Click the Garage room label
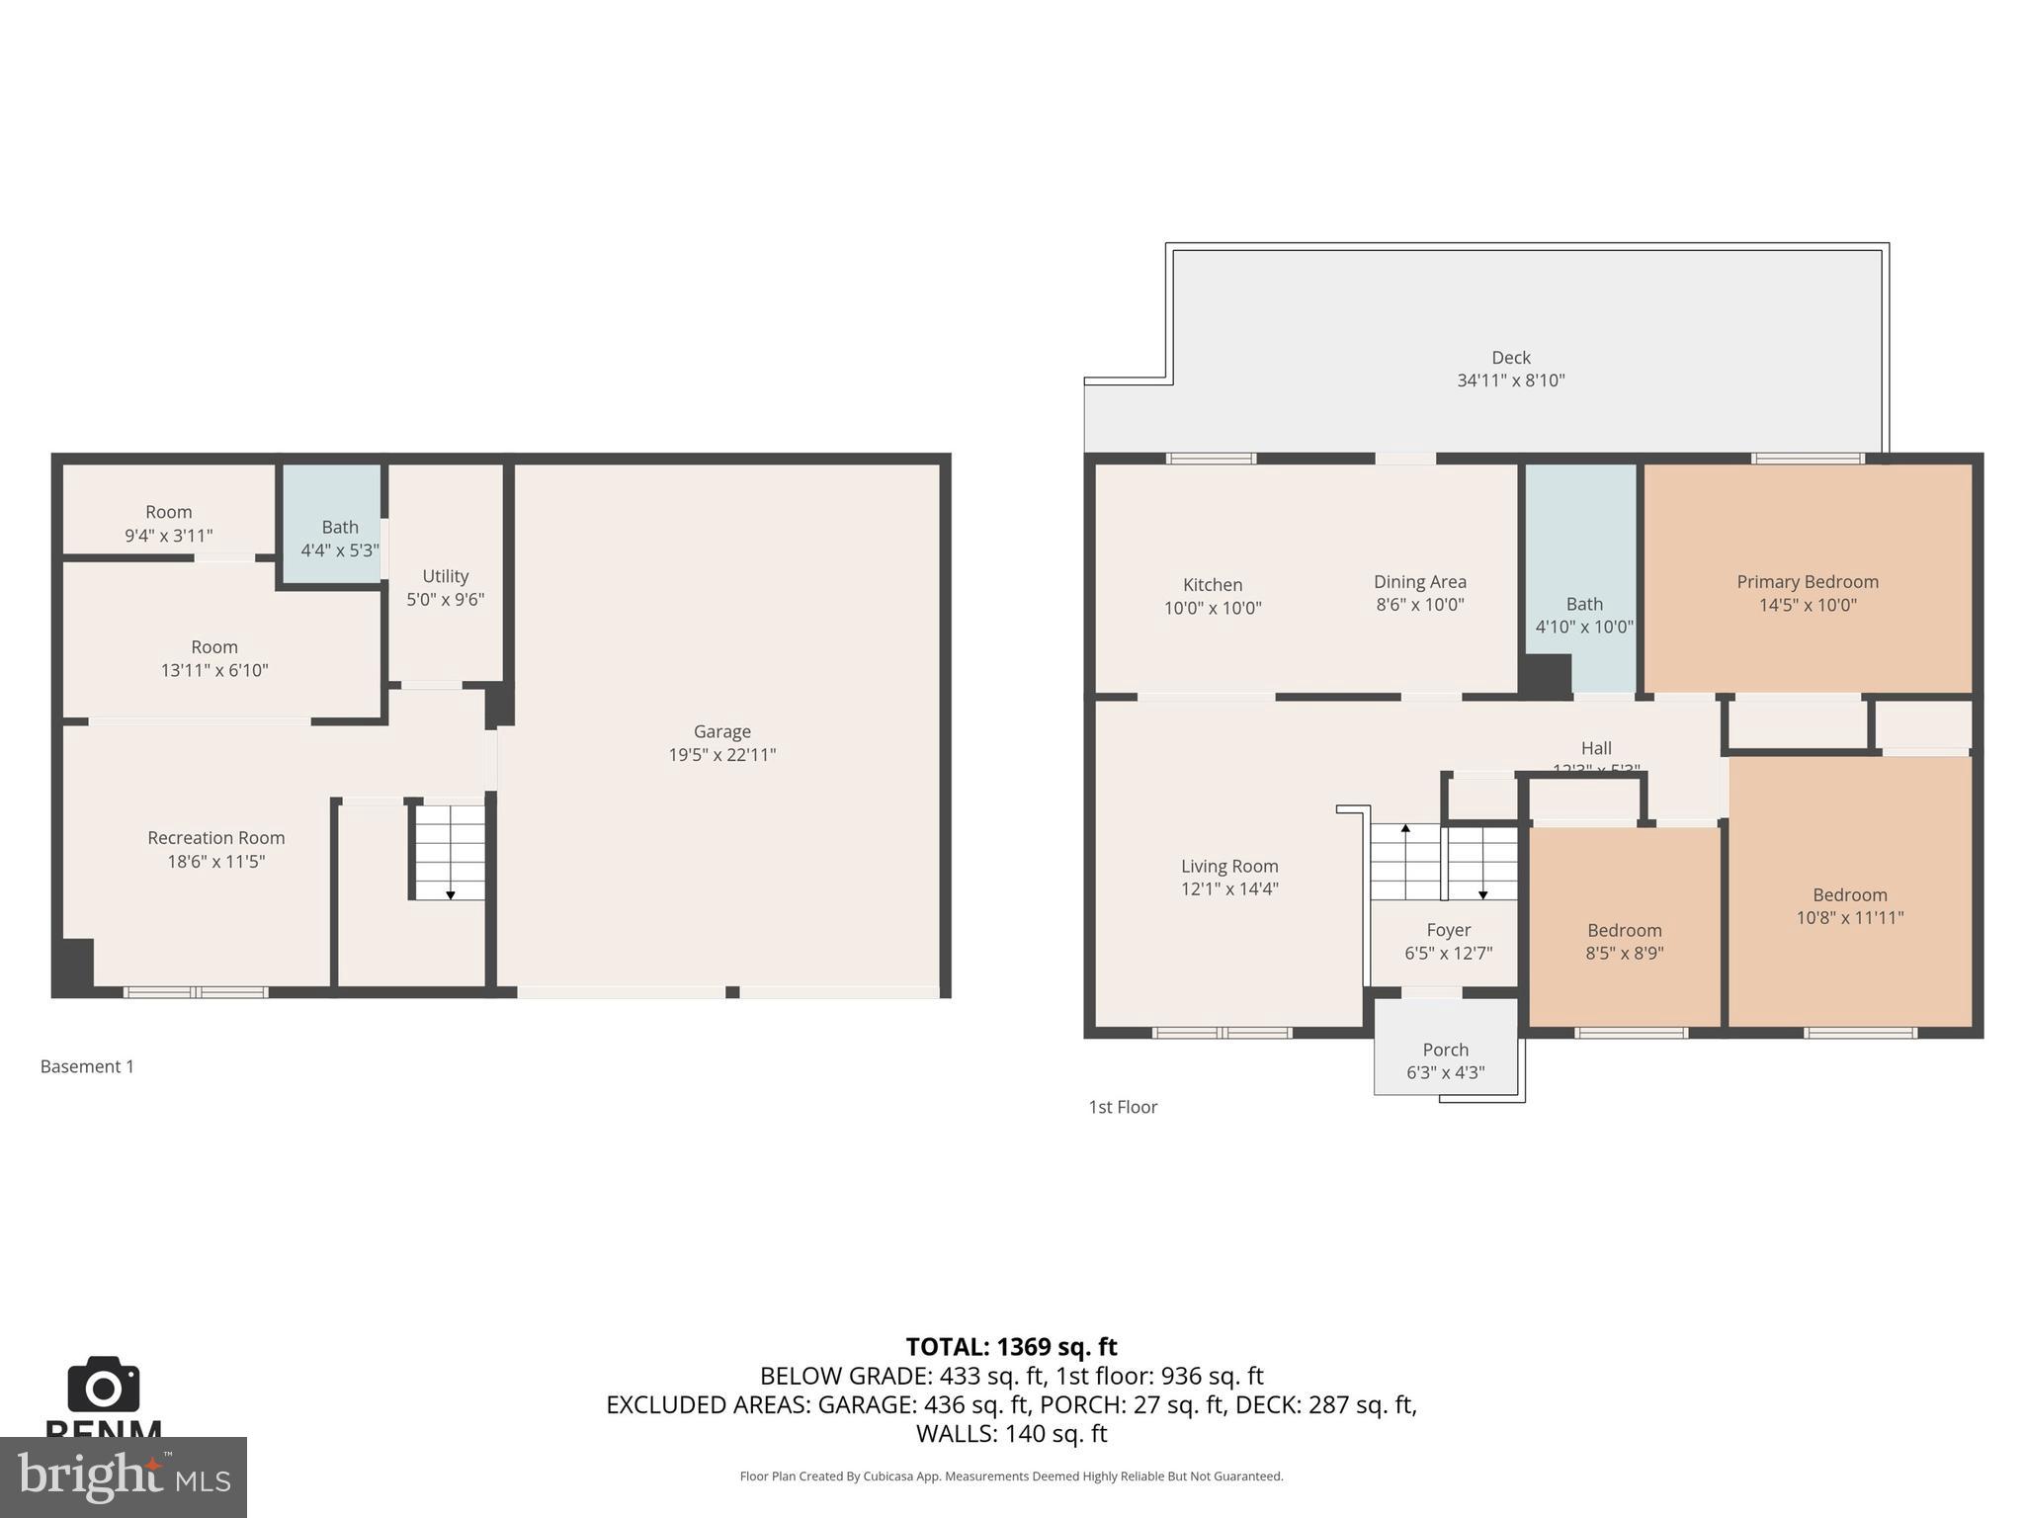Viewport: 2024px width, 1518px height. [721, 731]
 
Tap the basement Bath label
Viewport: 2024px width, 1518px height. [339, 527]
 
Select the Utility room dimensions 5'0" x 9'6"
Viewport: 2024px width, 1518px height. [445, 599]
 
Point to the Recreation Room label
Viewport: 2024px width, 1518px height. [215, 838]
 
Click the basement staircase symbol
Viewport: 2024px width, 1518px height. [450, 851]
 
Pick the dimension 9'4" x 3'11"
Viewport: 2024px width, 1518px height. [168, 536]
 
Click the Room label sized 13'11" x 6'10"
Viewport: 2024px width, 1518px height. [214, 647]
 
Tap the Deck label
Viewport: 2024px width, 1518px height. [1510, 358]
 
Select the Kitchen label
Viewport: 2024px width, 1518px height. [1212, 585]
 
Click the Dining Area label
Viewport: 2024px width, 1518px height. [1419, 582]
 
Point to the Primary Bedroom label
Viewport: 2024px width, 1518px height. [1807, 582]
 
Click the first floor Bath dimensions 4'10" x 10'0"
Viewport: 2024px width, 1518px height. [1583, 627]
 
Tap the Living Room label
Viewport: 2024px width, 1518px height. [1229, 866]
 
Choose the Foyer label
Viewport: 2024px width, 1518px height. [1448, 930]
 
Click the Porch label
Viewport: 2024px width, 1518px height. [1445, 1050]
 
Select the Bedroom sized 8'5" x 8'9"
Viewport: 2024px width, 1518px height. [1624, 930]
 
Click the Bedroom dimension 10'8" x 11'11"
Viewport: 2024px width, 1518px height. [1849, 917]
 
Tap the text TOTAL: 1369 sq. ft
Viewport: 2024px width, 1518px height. [1011, 1347]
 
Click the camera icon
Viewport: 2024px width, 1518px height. [104, 1385]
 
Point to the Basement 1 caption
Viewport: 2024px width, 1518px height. [87, 1066]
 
